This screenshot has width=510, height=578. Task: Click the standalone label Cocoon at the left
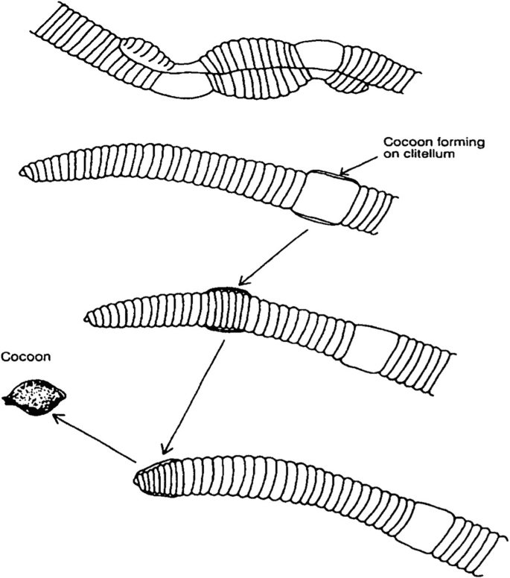coord(26,357)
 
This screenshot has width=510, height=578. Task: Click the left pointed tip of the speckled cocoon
coord(6,400)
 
